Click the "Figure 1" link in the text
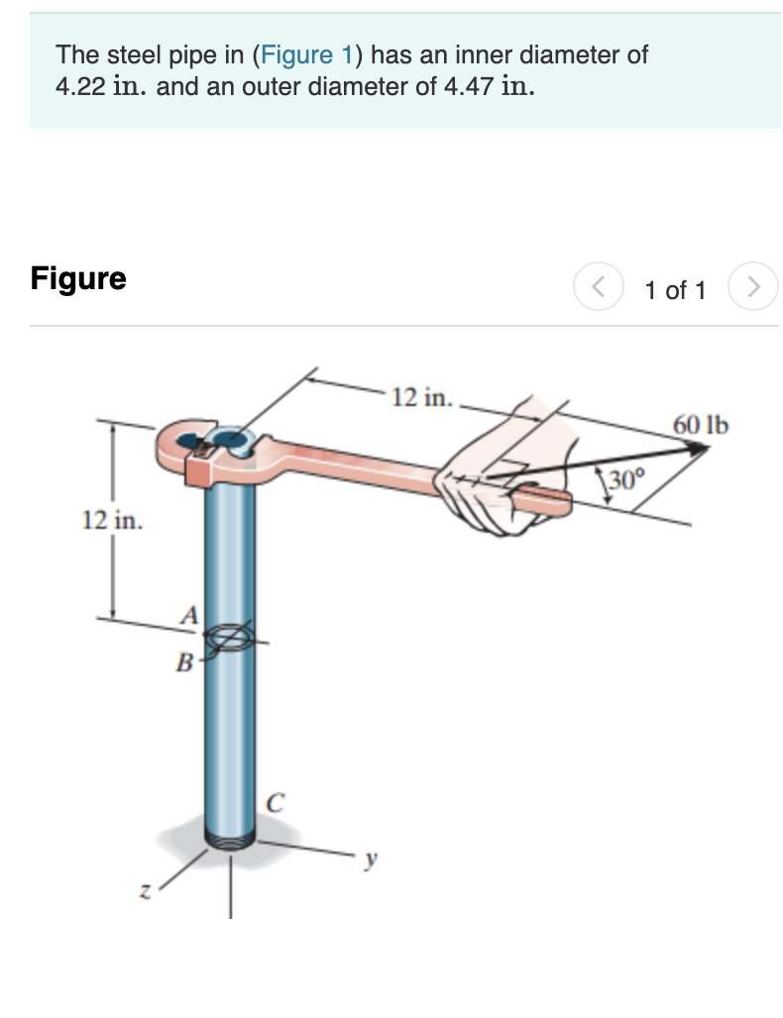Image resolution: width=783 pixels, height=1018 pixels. click(x=304, y=54)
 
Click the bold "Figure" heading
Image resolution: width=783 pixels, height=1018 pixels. click(x=78, y=278)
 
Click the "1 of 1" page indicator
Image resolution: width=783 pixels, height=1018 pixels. click(x=674, y=290)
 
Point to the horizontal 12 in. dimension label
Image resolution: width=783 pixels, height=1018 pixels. click(x=421, y=398)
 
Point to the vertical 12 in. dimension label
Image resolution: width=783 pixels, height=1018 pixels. click(x=111, y=519)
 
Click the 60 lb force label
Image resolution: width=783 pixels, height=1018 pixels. click(x=701, y=425)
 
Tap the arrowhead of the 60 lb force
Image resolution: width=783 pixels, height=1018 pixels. click(x=699, y=449)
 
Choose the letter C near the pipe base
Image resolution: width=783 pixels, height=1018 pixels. click(x=278, y=803)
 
